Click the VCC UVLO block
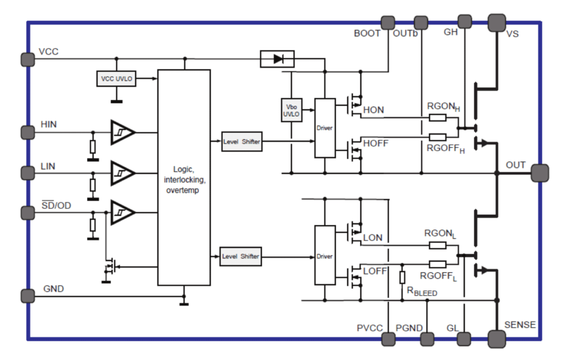point(116,79)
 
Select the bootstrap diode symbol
point(277,59)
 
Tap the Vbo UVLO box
point(291,110)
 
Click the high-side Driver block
point(325,128)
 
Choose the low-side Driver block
point(325,255)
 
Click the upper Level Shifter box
point(242,142)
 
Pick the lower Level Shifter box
point(241,256)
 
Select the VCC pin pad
point(27,59)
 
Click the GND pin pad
point(27,296)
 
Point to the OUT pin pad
point(540,173)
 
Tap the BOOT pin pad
point(388,23)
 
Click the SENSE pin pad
point(497,339)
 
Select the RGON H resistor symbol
point(438,117)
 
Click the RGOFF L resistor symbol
point(438,265)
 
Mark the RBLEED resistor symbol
point(402,277)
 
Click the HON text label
point(374,110)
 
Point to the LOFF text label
point(375,271)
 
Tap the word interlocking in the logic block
point(185,180)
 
